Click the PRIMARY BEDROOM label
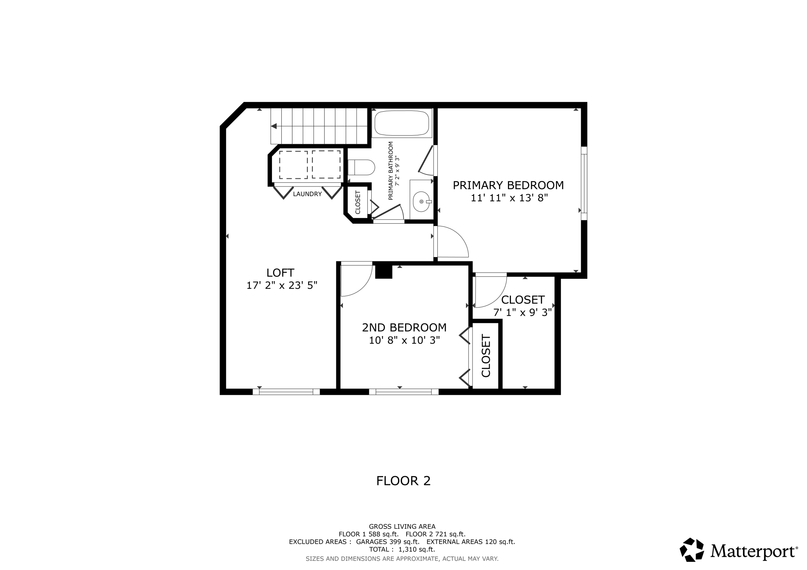(x=508, y=185)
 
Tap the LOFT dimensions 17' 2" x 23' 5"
(x=282, y=285)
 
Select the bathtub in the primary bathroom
(x=402, y=123)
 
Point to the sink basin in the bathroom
(x=421, y=202)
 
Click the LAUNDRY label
(x=307, y=194)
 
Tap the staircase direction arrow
(x=274, y=126)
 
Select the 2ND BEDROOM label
(x=404, y=328)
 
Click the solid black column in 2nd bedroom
(x=384, y=271)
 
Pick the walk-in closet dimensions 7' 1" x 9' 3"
(x=522, y=313)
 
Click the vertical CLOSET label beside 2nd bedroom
(x=486, y=356)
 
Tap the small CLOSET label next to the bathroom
(x=358, y=202)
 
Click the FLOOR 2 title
(x=403, y=481)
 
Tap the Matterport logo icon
(x=693, y=549)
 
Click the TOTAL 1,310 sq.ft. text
(x=402, y=549)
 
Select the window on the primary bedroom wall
(x=584, y=183)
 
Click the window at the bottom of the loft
(x=286, y=392)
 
